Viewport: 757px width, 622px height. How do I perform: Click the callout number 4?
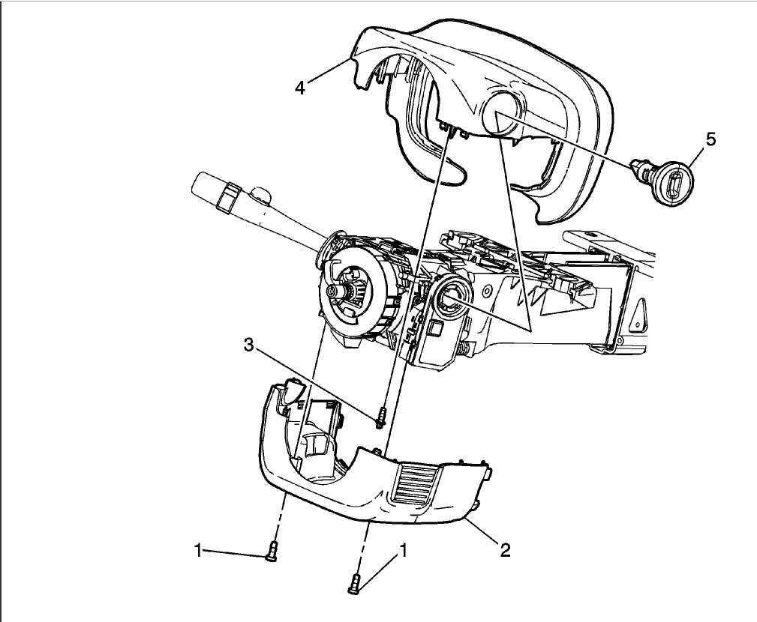coord(299,88)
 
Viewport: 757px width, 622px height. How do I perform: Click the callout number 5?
coord(710,139)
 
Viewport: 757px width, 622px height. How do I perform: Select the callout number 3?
coord(248,345)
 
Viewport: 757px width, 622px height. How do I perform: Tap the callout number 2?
coord(505,550)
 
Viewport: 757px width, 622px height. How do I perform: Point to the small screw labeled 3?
coord(382,417)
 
